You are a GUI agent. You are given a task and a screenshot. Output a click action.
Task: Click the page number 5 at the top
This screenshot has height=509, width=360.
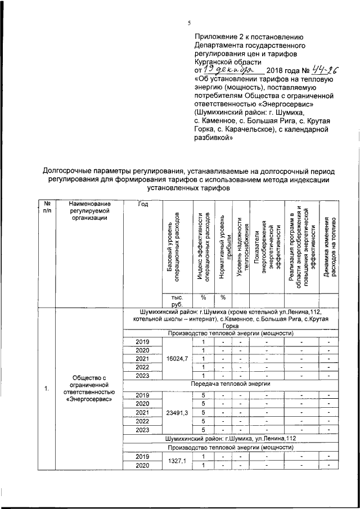click(x=189, y=23)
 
